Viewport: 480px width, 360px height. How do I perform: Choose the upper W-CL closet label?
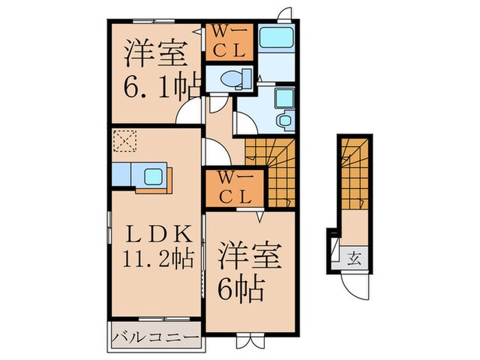pyautogui.click(x=230, y=42)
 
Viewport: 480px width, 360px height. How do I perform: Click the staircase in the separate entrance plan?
pyautogui.click(x=355, y=171)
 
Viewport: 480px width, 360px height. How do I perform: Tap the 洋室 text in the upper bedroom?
pyautogui.click(x=151, y=53)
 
